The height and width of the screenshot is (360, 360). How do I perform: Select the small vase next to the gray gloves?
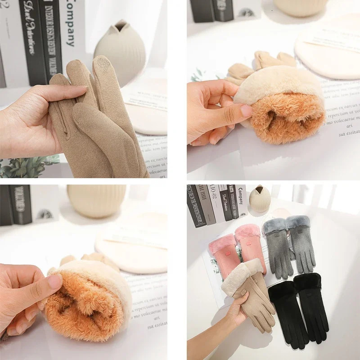(260, 199)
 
